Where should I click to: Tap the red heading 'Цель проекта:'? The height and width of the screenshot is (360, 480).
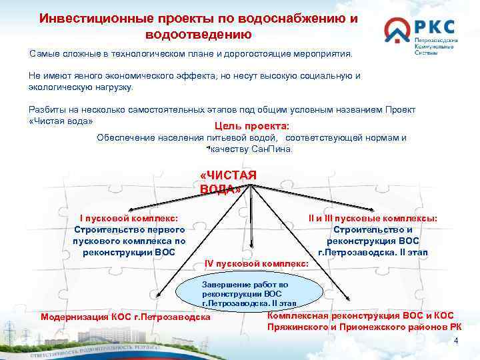point(251,126)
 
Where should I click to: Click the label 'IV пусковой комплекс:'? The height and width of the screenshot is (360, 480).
point(256,264)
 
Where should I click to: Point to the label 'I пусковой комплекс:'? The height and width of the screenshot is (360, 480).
point(128,218)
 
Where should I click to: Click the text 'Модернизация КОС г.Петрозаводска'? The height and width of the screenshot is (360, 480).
point(125,316)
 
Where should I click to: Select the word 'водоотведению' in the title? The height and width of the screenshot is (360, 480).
point(198,34)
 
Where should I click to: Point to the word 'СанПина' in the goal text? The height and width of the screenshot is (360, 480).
point(273,149)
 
